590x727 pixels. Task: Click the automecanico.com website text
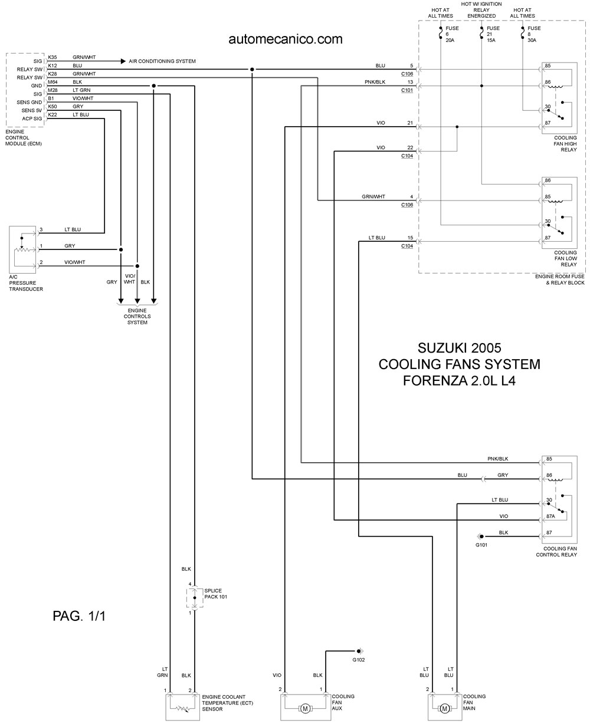(286, 39)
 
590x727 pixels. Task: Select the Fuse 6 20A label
(452, 34)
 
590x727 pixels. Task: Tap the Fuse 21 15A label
(493, 34)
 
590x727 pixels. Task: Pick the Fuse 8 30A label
(534, 34)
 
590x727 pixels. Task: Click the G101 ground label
(481, 545)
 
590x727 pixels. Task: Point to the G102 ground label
(359, 660)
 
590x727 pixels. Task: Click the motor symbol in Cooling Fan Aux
(305, 709)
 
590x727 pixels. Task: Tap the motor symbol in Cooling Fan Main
(444, 709)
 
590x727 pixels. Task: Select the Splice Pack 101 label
(215, 594)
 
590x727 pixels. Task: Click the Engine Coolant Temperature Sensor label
(227, 703)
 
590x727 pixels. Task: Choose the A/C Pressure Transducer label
(26, 283)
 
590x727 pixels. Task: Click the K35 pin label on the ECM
(53, 57)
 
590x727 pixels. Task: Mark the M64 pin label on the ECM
(53, 82)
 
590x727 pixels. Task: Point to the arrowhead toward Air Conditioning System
(123, 61)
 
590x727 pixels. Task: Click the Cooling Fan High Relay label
(565, 144)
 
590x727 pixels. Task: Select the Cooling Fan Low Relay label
(565, 258)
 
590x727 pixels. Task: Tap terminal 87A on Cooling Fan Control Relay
(550, 516)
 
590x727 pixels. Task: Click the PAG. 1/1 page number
(79, 616)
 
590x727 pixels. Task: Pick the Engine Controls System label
(137, 317)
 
